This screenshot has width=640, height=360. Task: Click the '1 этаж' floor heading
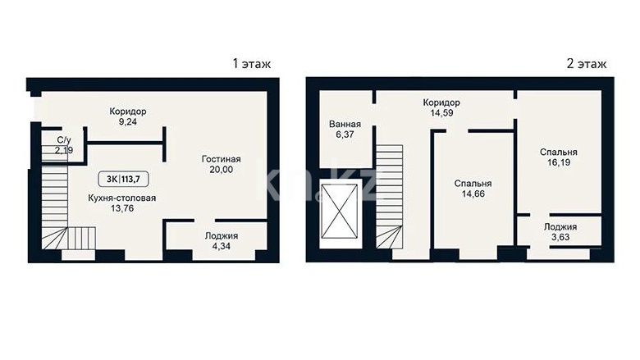coord(251,64)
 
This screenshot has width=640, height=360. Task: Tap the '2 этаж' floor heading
coord(587,64)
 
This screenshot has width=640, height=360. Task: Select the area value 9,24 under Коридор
coord(128,121)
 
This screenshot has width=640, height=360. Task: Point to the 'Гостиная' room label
coord(222,159)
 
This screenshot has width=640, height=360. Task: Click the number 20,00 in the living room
coord(222,170)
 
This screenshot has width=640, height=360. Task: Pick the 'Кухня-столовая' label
coord(122,198)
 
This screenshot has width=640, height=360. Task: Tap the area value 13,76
coord(122,208)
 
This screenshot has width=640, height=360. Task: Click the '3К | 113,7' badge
coord(123,179)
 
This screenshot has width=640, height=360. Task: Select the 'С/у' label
coord(64,140)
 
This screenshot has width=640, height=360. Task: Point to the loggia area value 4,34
coord(222,246)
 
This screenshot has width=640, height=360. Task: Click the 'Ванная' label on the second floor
coord(345,124)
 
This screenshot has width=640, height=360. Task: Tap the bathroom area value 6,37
coord(345,134)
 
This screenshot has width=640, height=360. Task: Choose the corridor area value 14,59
coord(441,113)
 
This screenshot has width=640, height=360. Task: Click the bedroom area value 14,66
coord(473,194)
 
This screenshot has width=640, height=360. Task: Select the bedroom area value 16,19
coord(559,162)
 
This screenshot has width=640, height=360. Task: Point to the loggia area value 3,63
coord(560,237)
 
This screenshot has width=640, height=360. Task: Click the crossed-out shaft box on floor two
coord(340,212)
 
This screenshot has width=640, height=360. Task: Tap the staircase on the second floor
coord(390,197)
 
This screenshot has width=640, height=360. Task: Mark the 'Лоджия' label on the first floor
coord(222,235)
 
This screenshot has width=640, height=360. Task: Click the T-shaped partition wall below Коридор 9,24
coord(126,144)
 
